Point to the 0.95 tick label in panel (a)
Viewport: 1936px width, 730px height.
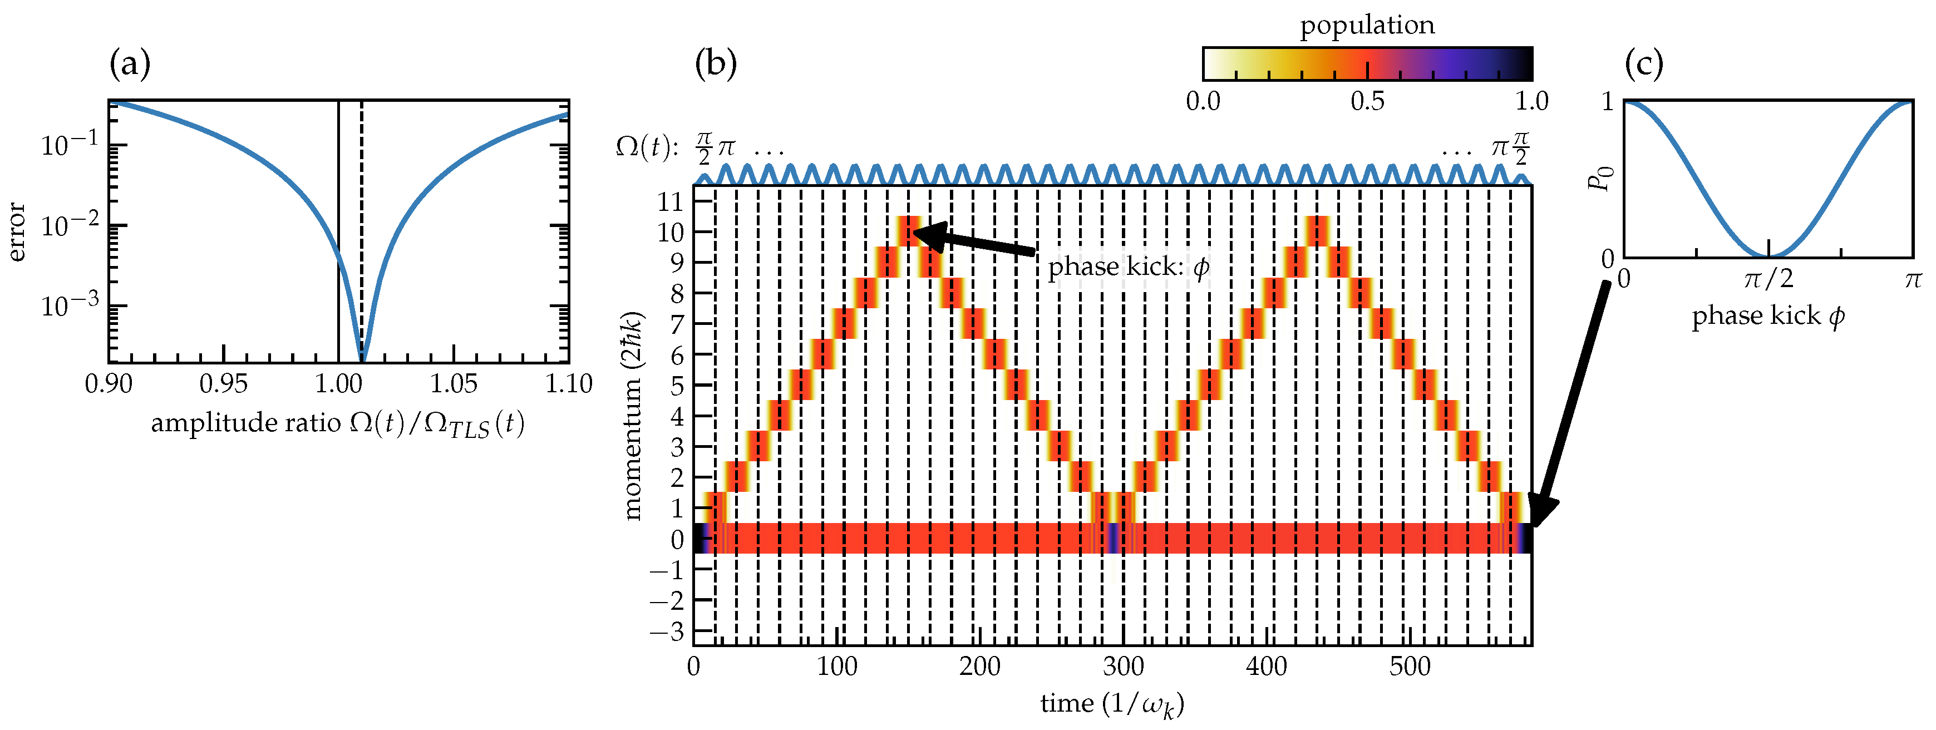(x=223, y=384)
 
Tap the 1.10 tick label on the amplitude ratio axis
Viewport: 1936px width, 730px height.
(x=568, y=384)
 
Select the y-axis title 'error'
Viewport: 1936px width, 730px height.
(x=17, y=231)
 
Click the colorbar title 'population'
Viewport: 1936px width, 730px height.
(x=1367, y=26)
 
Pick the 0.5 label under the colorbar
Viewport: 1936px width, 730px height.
(x=1367, y=101)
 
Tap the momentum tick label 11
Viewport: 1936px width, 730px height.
(x=671, y=201)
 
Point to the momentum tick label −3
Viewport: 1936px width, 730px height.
(x=667, y=632)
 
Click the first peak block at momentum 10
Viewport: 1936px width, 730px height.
(x=909, y=231)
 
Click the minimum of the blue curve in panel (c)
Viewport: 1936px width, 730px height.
(x=1768, y=257)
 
